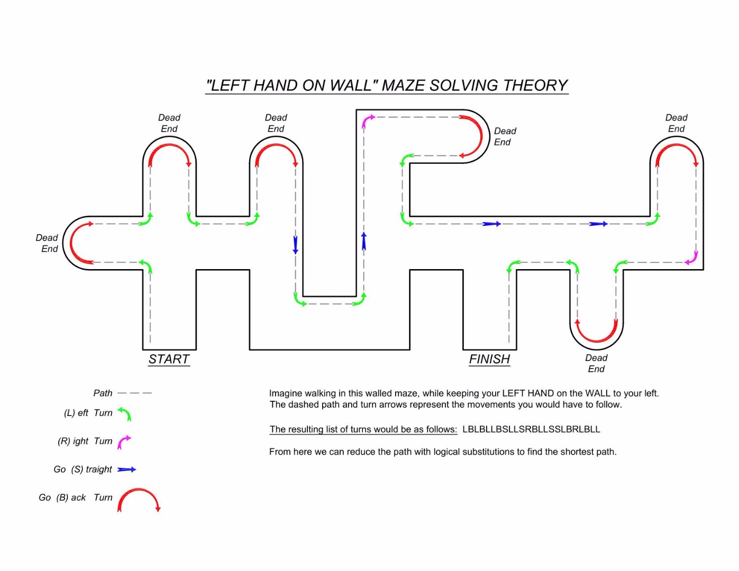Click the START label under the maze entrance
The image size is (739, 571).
click(169, 360)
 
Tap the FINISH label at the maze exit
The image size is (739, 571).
click(489, 360)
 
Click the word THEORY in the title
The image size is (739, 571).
click(535, 86)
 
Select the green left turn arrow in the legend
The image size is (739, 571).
click(125, 413)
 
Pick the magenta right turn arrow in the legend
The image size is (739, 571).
click(124, 441)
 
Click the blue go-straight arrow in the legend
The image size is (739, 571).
click(126, 469)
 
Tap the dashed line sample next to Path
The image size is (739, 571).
click(134, 393)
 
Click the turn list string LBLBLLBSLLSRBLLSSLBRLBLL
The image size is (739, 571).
click(531, 429)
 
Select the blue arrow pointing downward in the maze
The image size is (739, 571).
click(295, 245)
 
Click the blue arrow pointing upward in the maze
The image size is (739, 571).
click(363, 241)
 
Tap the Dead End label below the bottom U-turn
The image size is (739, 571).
click(596, 363)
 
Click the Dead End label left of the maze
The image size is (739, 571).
click(47, 243)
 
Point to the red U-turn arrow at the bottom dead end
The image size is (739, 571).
click(597, 331)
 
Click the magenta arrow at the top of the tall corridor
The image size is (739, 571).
click(368, 121)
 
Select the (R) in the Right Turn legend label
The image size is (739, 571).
click(64, 441)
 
